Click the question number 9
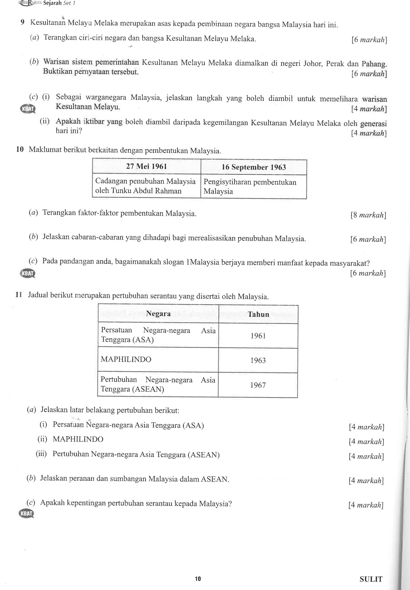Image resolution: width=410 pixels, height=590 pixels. (23, 22)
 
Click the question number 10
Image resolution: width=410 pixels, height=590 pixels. (20, 149)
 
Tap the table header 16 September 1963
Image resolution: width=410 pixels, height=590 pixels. (254, 167)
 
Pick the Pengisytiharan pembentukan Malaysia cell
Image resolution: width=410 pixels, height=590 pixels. (250, 187)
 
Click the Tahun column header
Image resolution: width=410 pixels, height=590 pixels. (258, 314)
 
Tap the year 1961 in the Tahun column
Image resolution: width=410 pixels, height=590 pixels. (258, 336)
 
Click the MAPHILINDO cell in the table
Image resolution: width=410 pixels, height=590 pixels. (126, 359)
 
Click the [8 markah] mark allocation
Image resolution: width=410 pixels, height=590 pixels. (368, 215)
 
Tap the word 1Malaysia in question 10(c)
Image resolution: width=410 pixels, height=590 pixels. (203, 262)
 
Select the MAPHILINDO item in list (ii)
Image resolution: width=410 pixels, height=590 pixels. (78, 439)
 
